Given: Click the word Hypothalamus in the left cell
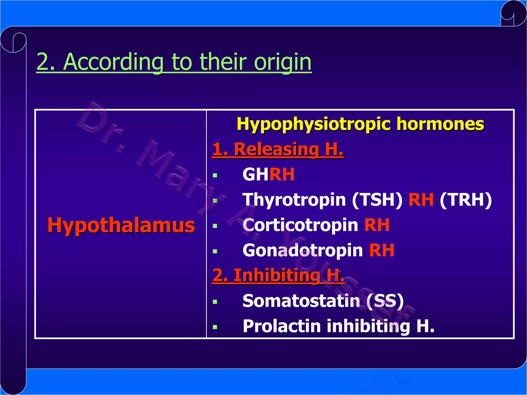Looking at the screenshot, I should point(121,225).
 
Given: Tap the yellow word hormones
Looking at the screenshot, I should point(440,124).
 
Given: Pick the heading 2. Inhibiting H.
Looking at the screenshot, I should point(278,275).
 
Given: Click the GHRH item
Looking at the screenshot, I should point(268,174).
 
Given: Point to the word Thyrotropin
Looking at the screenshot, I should point(294,200).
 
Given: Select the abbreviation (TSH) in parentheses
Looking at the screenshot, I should point(377,200).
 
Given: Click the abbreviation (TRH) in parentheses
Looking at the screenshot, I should point(466,200).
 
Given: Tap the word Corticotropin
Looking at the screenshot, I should point(300,225).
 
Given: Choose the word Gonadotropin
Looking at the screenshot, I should point(303,250).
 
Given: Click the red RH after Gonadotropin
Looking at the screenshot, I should point(382,250).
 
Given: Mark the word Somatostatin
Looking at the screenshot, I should point(301,301).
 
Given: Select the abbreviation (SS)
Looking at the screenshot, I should point(385,301).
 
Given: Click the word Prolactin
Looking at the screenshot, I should point(282,326).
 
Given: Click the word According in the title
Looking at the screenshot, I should point(113,62).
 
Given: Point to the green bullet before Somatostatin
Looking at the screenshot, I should point(215,302).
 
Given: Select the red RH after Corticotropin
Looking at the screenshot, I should point(377,225).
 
